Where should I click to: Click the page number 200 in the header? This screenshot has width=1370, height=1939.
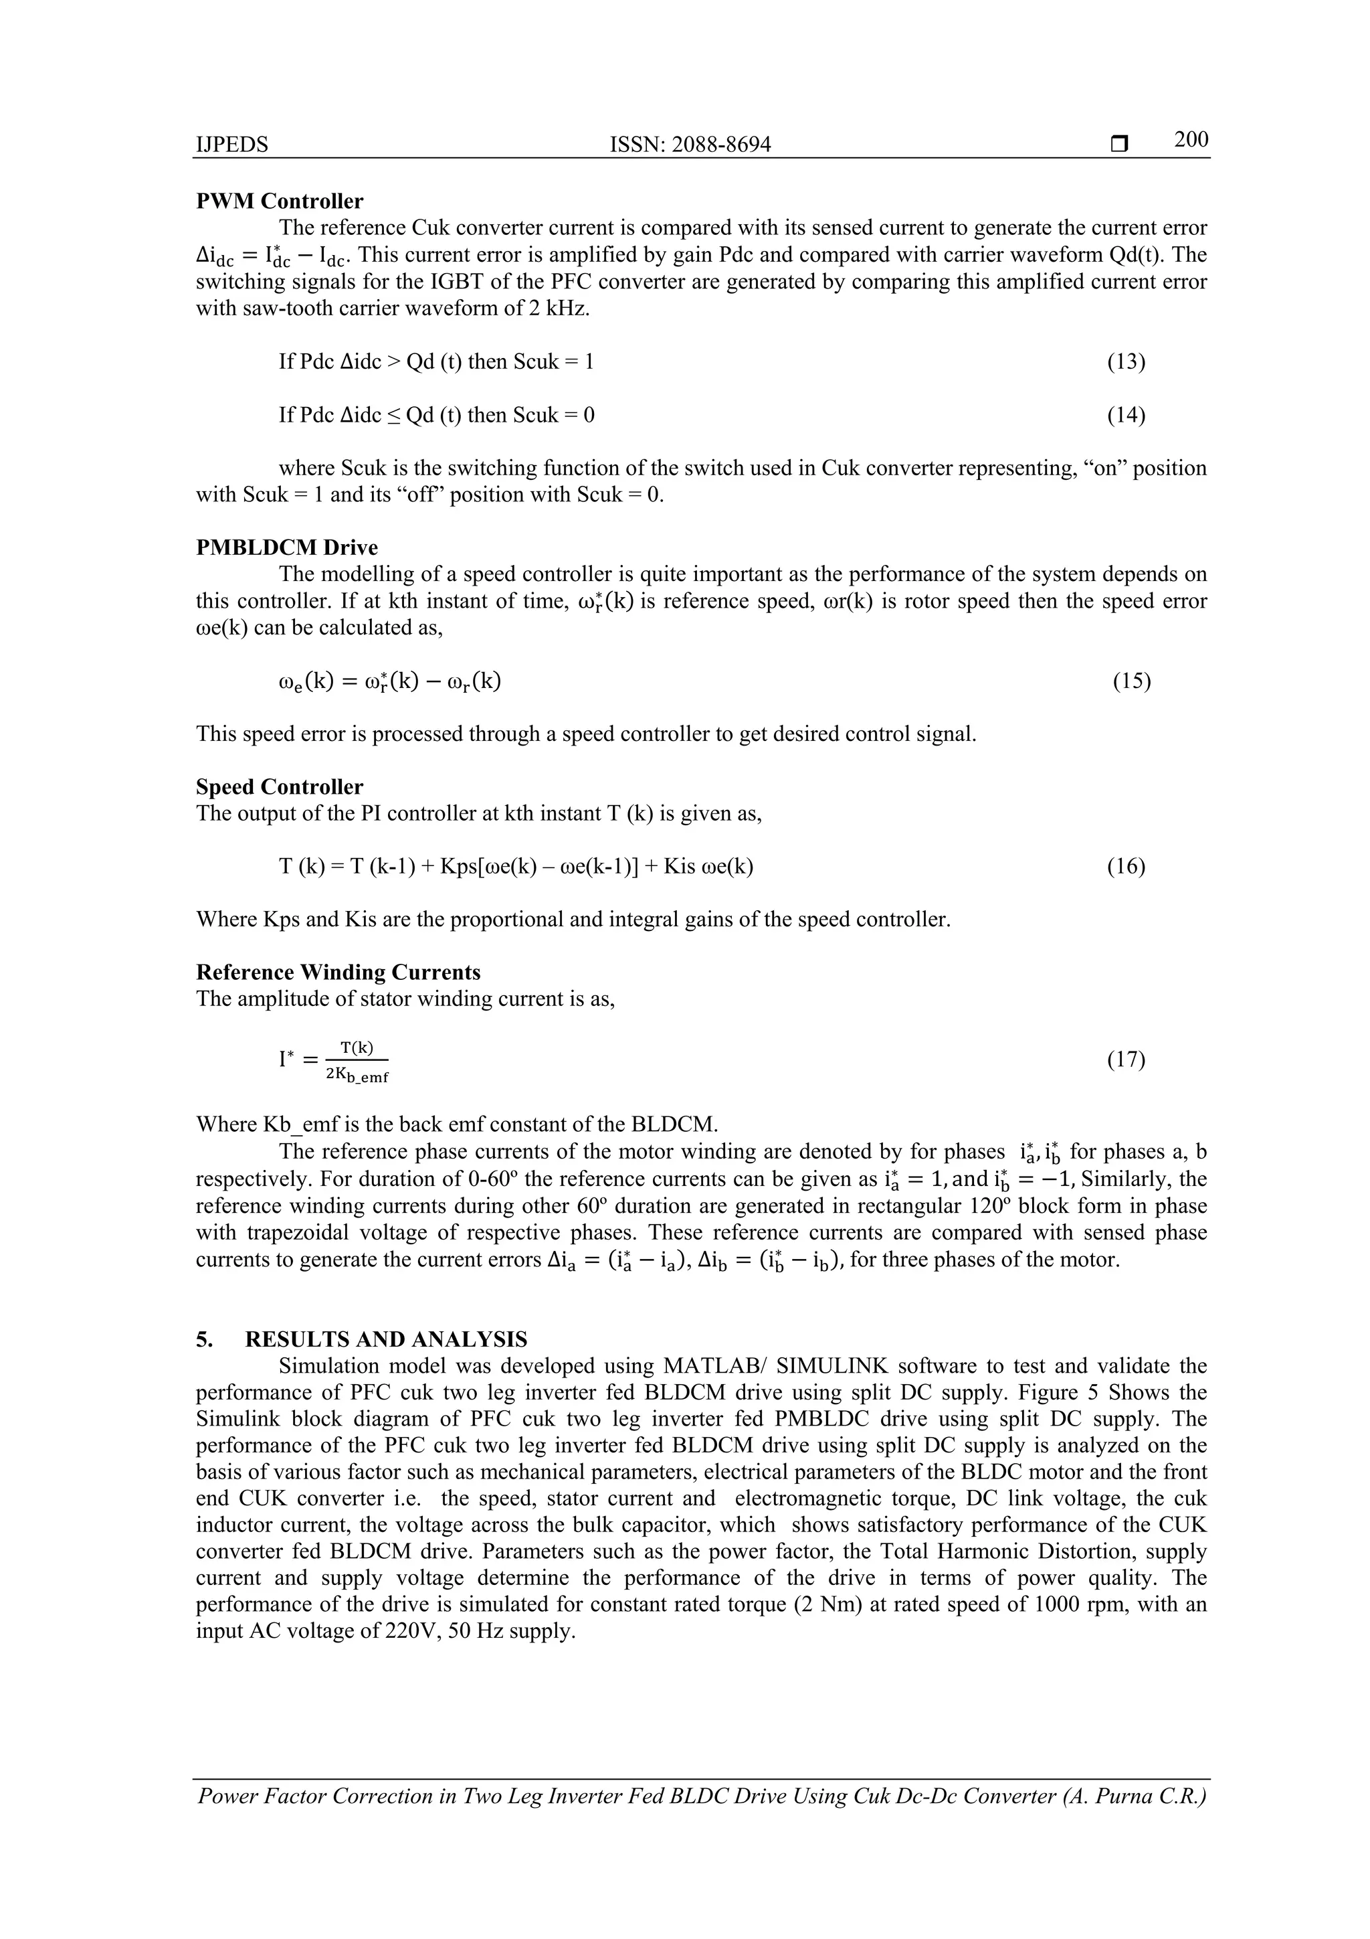1190,140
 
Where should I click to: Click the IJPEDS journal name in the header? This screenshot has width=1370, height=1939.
232,145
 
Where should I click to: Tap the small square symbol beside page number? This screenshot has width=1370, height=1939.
1120,145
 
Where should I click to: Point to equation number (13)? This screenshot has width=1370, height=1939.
1126,361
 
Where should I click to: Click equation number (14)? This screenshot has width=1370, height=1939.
1126,415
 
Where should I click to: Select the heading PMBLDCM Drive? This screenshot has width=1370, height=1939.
287,547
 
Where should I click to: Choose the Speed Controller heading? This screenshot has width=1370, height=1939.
280,786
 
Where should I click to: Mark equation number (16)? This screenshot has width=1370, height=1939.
1126,867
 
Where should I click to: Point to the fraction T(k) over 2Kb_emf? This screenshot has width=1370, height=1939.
357,1061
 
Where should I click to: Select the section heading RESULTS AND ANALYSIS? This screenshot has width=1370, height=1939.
386,1339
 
